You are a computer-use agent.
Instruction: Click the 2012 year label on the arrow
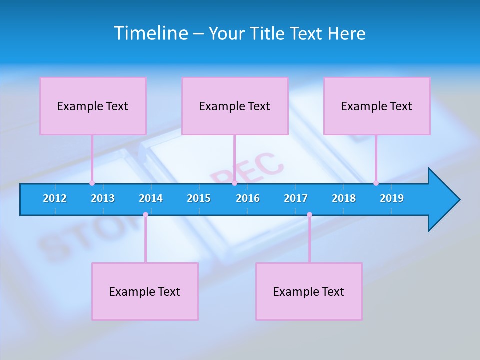point(55,199)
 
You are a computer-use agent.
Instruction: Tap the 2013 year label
point(103,199)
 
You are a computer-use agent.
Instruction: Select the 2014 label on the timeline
point(151,199)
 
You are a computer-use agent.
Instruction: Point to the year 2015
point(199,199)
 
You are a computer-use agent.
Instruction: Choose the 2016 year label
point(248,199)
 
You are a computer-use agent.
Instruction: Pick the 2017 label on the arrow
point(296,199)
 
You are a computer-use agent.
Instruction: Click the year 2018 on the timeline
point(344,199)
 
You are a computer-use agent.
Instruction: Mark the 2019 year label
point(392,199)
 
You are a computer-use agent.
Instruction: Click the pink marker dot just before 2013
point(92,183)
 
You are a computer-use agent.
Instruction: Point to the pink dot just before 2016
point(234,183)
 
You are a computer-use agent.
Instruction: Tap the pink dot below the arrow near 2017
point(309,215)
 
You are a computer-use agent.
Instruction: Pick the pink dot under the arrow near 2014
point(145,215)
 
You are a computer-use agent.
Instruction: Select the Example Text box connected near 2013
point(93,106)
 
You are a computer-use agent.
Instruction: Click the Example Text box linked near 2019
point(377,106)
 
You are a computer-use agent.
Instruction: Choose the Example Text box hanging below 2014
point(145,291)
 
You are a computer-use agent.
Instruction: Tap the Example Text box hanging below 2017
point(309,291)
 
